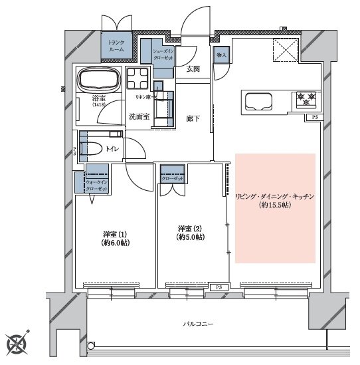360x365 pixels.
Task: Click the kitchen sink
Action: [259, 102]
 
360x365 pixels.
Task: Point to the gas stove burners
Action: [306, 100]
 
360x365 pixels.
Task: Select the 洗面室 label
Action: [139, 117]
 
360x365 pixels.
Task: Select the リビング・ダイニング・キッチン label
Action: [274, 197]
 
